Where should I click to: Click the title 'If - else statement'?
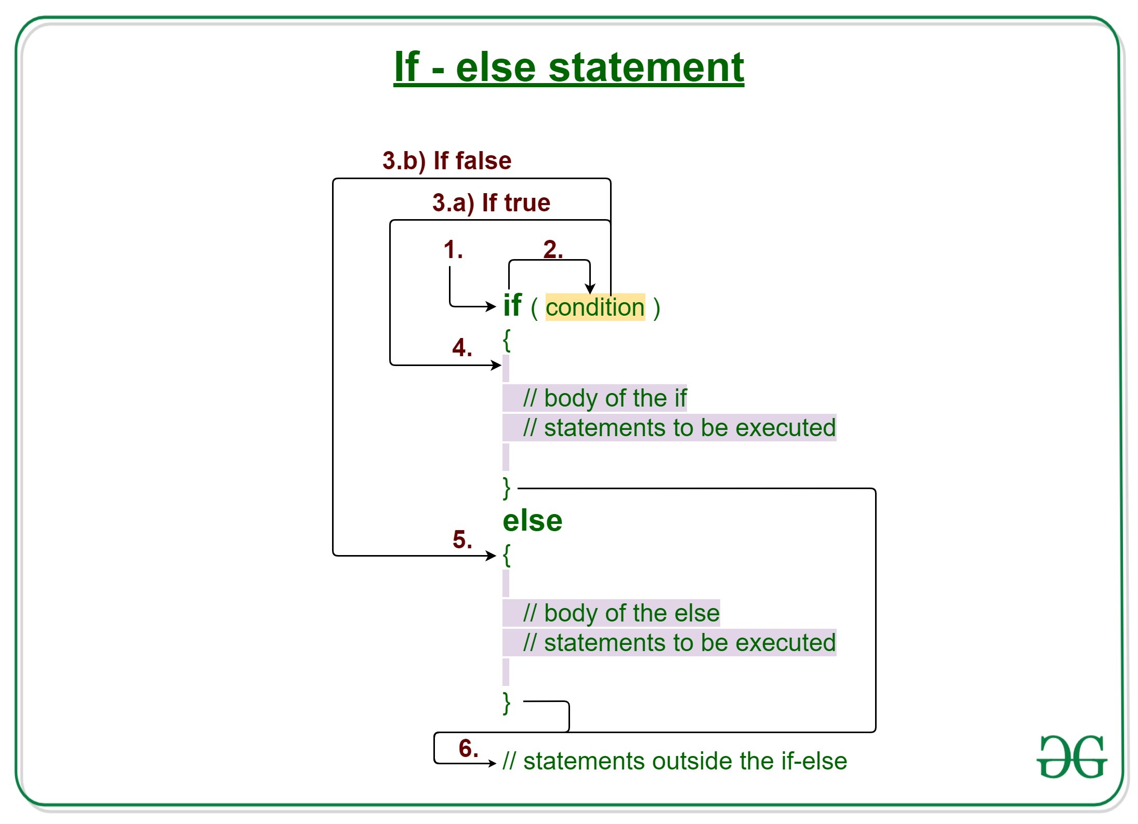pyautogui.click(x=568, y=67)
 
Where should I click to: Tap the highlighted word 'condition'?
pyautogui.click(x=594, y=307)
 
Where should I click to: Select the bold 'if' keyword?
pyautogui.click(x=512, y=305)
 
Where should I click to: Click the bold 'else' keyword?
pyautogui.click(x=532, y=520)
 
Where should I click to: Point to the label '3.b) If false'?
pyautogui.click(x=447, y=160)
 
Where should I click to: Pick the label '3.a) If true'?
pyautogui.click(x=491, y=202)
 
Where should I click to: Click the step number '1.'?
pyautogui.click(x=453, y=250)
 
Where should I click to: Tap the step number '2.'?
pyautogui.click(x=552, y=250)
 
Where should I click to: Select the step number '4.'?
pyautogui.click(x=462, y=347)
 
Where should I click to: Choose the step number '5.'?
pyautogui.click(x=462, y=539)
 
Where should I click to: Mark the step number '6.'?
pyautogui.click(x=468, y=748)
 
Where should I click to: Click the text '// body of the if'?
pyautogui.click(x=605, y=398)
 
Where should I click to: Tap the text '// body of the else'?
pyautogui.click(x=621, y=613)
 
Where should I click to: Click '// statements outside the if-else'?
pyautogui.click(x=674, y=761)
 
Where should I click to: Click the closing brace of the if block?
pyautogui.click(x=507, y=488)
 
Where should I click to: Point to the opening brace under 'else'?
pyautogui.click(x=507, y=555)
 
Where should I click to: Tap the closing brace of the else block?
pyautogui.click(x=507, y=703)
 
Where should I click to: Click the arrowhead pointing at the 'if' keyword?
pyautogui.click(x=491, y=306)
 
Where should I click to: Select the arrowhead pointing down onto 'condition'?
pyautogui.click(x=590, y=289)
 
